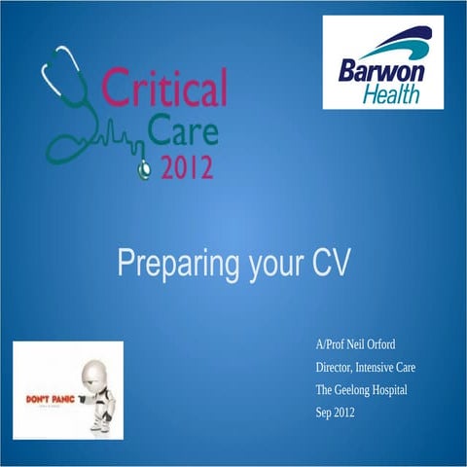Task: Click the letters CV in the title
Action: pos(329,264)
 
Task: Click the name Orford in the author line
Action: pos(377,345)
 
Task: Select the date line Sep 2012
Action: pos(337,413)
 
